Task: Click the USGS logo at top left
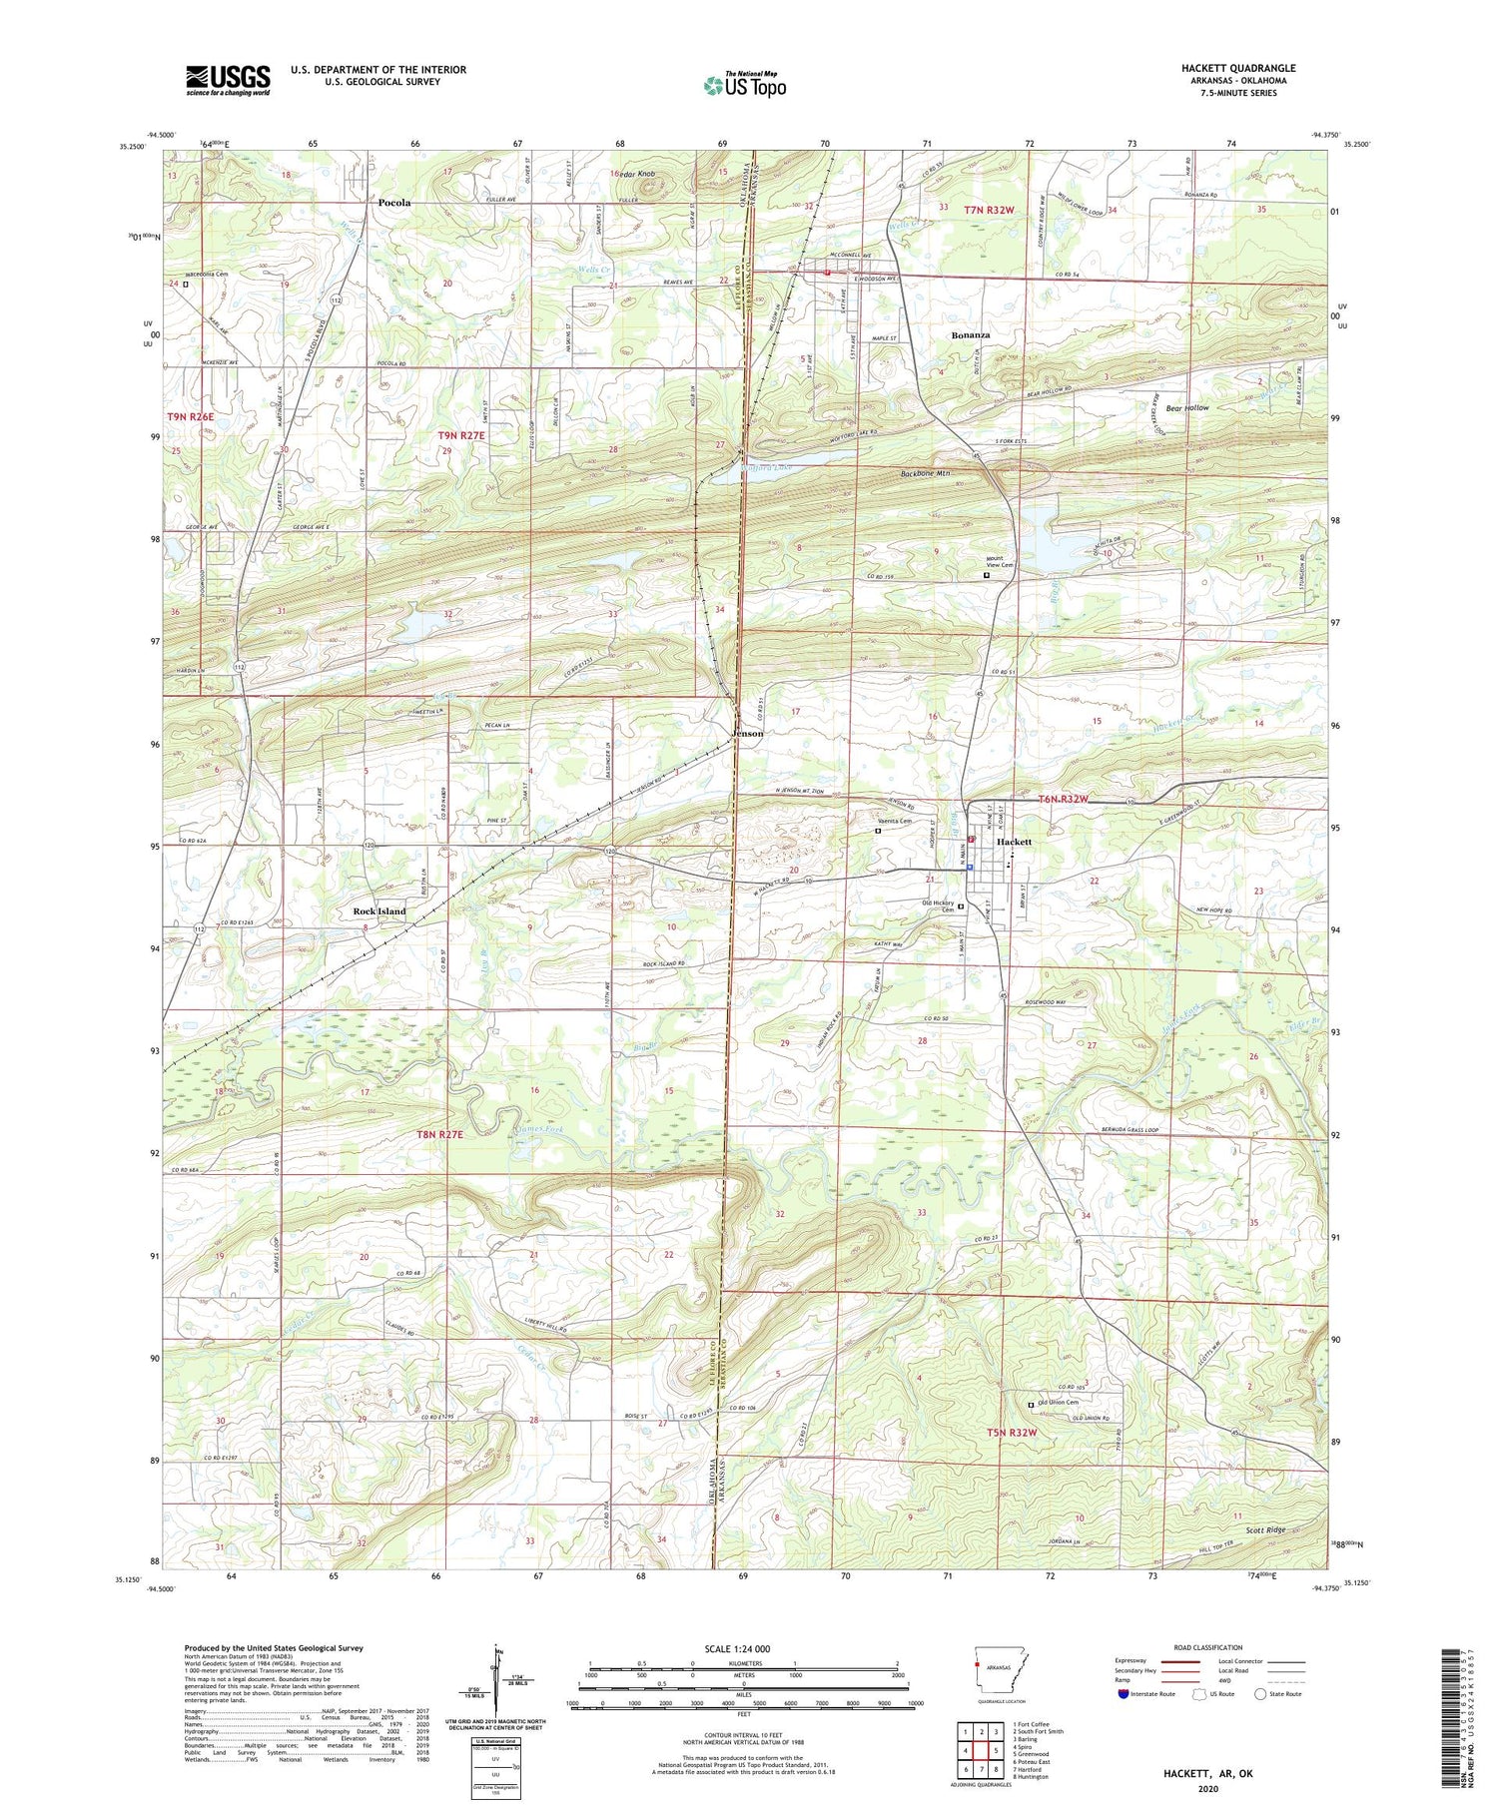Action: coord(228,80)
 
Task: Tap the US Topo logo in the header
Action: coord(744,86)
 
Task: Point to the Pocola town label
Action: coord(394,203)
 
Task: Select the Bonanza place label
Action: coord(970,334)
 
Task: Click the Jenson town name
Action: coord(748,733)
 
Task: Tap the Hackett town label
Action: coord(1014,842)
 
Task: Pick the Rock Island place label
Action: coord(379,911)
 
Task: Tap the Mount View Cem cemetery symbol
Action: coord(988,575)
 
